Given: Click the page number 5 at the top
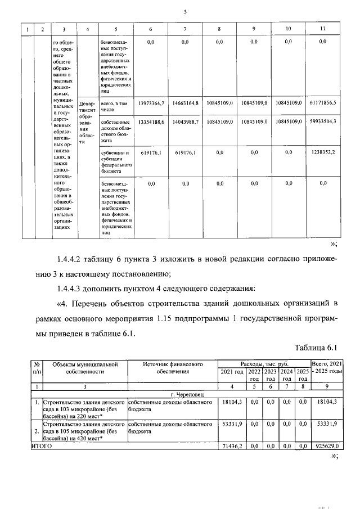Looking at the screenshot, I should point(184,12).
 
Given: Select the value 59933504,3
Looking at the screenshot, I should point(322,121).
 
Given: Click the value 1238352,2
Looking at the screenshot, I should point(323,152).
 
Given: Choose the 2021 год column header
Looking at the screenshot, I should point(232,372).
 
